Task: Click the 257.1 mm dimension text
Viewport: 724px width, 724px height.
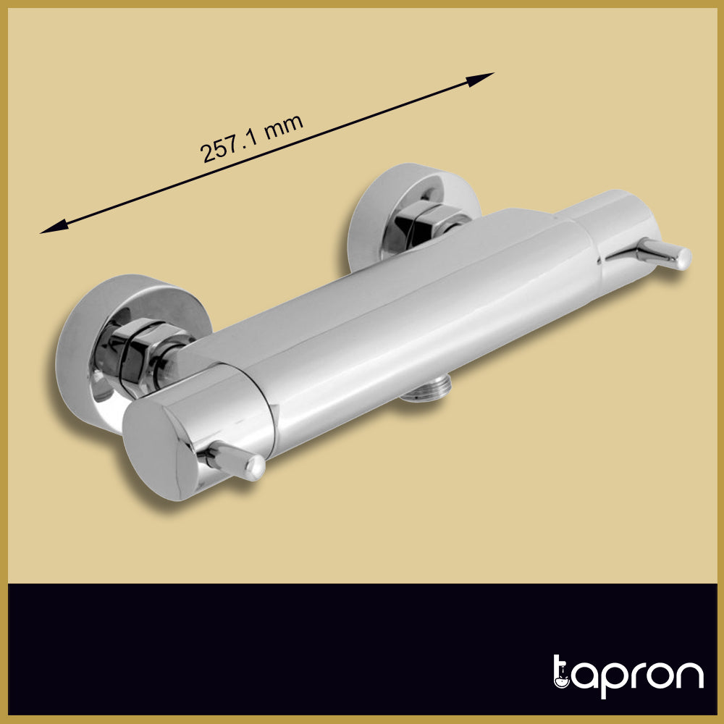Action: click(x=252, y=138)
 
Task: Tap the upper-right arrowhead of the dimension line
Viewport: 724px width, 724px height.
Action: click(x=480, y=79)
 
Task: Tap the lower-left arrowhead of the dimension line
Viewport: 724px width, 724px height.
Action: click(x=54, y=226)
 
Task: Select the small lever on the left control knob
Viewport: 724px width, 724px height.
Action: click(x=232, y=460)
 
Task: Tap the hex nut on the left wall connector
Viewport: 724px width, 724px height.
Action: click(x=138, y=353)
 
